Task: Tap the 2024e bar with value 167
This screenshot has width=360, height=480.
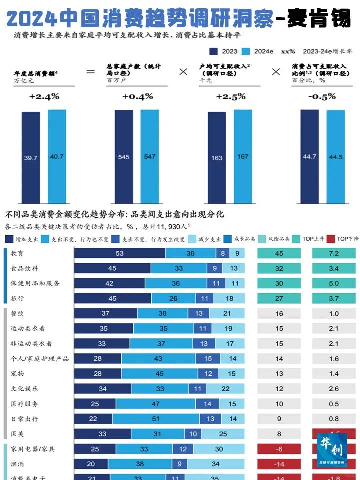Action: pyautogui.click(x=243, y=157)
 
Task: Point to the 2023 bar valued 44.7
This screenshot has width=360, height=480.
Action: pyautogui.click(x=310, y=157)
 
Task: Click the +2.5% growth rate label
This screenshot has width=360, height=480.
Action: pyautogui.click(x=231, y=96)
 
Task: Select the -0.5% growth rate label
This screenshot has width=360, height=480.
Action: pyautogui.click(x=322, y=96)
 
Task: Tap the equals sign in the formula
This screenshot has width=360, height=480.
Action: pyautogui.click(x=90, y=72)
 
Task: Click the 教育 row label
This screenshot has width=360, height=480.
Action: pyautogui.click(x=18, y=254)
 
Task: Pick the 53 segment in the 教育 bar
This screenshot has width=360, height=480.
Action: pyautogui.click(x=119, y=254)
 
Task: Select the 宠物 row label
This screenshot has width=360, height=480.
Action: pyautogui.click(x=18, y=374)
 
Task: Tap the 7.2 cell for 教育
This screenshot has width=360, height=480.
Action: pyautogui.click(x=334, y=254)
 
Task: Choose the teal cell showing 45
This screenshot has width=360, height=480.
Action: pyautogui.click(x=279, y=254)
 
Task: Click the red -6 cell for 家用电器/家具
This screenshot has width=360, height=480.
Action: pyautogui.click(x=279, y=449)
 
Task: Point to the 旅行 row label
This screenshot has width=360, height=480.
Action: pyautogui.click(x=18, y=299)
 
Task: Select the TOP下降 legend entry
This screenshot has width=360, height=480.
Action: pyautogui.click(x=344, y=239)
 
